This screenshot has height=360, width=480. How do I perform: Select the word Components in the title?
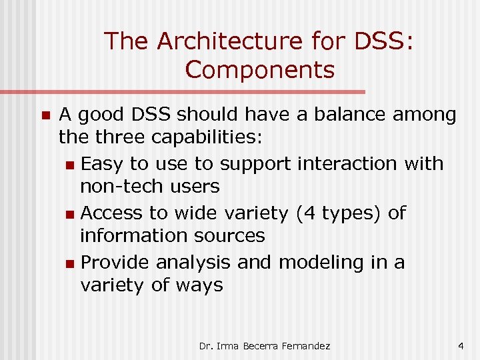(260, 69)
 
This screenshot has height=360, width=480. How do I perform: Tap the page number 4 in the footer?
(461, 346)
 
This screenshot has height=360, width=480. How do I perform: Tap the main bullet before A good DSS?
(45, 115)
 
